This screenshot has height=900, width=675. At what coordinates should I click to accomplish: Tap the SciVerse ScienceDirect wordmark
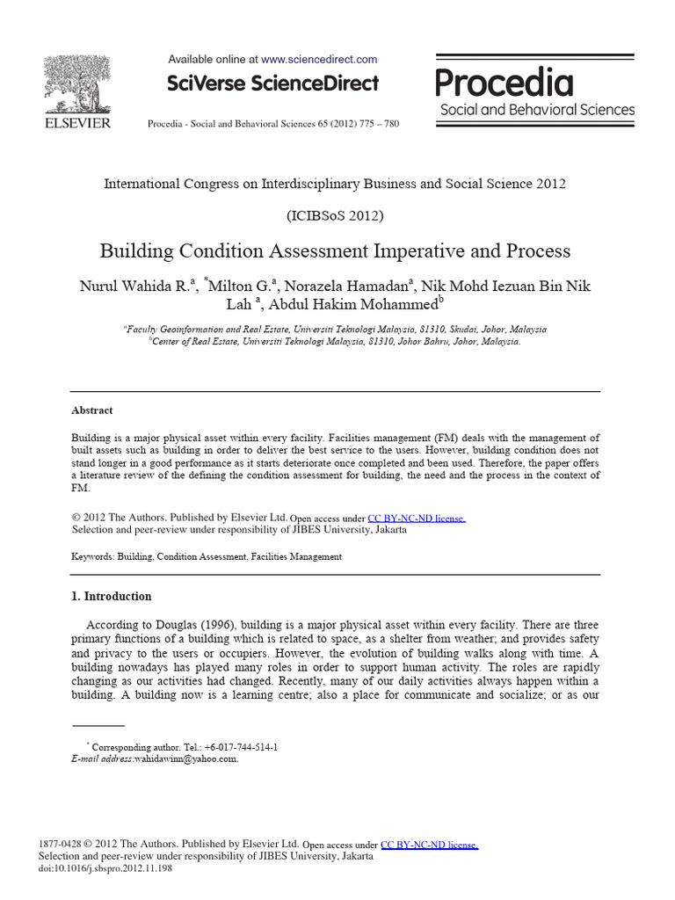tap(272, 83)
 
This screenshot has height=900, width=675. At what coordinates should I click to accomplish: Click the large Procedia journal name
tap(504, 83)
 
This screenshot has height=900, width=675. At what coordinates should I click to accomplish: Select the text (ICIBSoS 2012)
tap(335, 215)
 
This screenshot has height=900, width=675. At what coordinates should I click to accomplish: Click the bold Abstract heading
tap(91, 410)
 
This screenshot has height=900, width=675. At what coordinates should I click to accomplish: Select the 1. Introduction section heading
tap(111, 596)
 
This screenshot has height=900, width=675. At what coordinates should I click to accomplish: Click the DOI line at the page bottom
tap(105, 868)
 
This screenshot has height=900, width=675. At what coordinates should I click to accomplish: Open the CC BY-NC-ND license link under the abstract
tap(417, 519)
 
